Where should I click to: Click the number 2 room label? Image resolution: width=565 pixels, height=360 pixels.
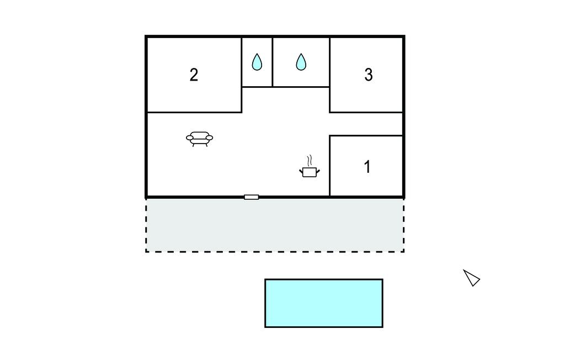point(194,75)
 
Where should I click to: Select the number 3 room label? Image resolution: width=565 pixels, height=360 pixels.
point(368,75)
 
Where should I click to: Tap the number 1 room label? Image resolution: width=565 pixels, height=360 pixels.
point(367,167)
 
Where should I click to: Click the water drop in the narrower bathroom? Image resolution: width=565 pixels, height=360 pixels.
point(257,62)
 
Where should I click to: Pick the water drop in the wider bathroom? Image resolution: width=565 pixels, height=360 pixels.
point(301,62)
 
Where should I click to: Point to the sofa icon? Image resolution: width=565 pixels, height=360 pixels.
point(199,139)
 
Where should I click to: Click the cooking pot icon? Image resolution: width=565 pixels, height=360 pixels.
point(310,172)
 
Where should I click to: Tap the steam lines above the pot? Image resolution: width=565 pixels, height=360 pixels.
point(309,160)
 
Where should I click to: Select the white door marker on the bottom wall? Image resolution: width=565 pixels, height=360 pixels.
point(251,197)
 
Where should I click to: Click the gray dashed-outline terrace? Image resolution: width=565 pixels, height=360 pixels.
point(275,225)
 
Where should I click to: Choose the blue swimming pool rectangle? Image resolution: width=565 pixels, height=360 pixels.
point(323,303)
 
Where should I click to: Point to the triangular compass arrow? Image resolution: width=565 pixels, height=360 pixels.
point(471,278)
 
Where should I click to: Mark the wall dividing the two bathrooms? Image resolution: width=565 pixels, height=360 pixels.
point(273,62)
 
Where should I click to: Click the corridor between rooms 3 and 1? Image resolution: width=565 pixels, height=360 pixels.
point(366,124)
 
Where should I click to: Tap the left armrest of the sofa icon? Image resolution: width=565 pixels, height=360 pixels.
point(190,137)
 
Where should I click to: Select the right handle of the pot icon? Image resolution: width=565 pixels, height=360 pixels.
point(318,171)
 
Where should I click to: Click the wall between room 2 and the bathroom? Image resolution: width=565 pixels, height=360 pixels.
point(242,75)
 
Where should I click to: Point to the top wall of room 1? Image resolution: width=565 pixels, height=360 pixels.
point(366,136)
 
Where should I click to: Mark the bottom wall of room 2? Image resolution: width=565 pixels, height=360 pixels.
point(194,112)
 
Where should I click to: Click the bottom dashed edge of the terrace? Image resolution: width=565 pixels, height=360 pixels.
point(275,251)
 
